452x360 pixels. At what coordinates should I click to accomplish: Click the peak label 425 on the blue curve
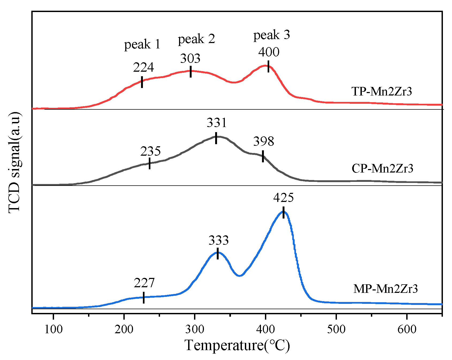tap(283, 198)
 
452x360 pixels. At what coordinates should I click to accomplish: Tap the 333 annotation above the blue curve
tap(219, 240)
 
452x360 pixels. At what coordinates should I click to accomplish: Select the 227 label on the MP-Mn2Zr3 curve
tap(144, 283)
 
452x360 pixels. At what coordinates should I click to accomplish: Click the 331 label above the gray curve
tap(216, 123)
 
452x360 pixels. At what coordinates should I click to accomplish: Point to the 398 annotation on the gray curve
tap(264, 141)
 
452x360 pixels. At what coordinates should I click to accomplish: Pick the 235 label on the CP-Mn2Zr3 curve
tap(150, 151)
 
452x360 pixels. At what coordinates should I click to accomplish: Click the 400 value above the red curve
tap(269, 52)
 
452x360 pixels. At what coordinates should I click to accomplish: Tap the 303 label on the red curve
tap(190, 59)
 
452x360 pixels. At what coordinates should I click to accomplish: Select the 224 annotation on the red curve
tap(143, 67)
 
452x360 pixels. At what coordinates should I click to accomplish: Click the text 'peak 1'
tap(142, 44)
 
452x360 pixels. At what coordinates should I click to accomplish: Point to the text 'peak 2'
tap(196, 39)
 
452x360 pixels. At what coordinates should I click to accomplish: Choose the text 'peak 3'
tap(272, 35)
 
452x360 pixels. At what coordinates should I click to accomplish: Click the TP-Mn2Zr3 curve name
tap(382, 91)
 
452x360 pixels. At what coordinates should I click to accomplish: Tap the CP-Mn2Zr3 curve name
tap(382, 168)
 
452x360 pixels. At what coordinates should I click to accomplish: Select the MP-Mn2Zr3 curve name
tap(385, 289)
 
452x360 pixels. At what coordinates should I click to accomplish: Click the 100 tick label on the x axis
tap(54, 329)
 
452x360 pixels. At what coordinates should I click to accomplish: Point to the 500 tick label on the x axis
tap(336, 329)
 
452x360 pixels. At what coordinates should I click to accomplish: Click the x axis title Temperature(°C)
tap(237, 345)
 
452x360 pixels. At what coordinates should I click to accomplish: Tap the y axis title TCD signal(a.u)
tap(14, 163)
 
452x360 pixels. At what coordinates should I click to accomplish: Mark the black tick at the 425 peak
tap(283, 212)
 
